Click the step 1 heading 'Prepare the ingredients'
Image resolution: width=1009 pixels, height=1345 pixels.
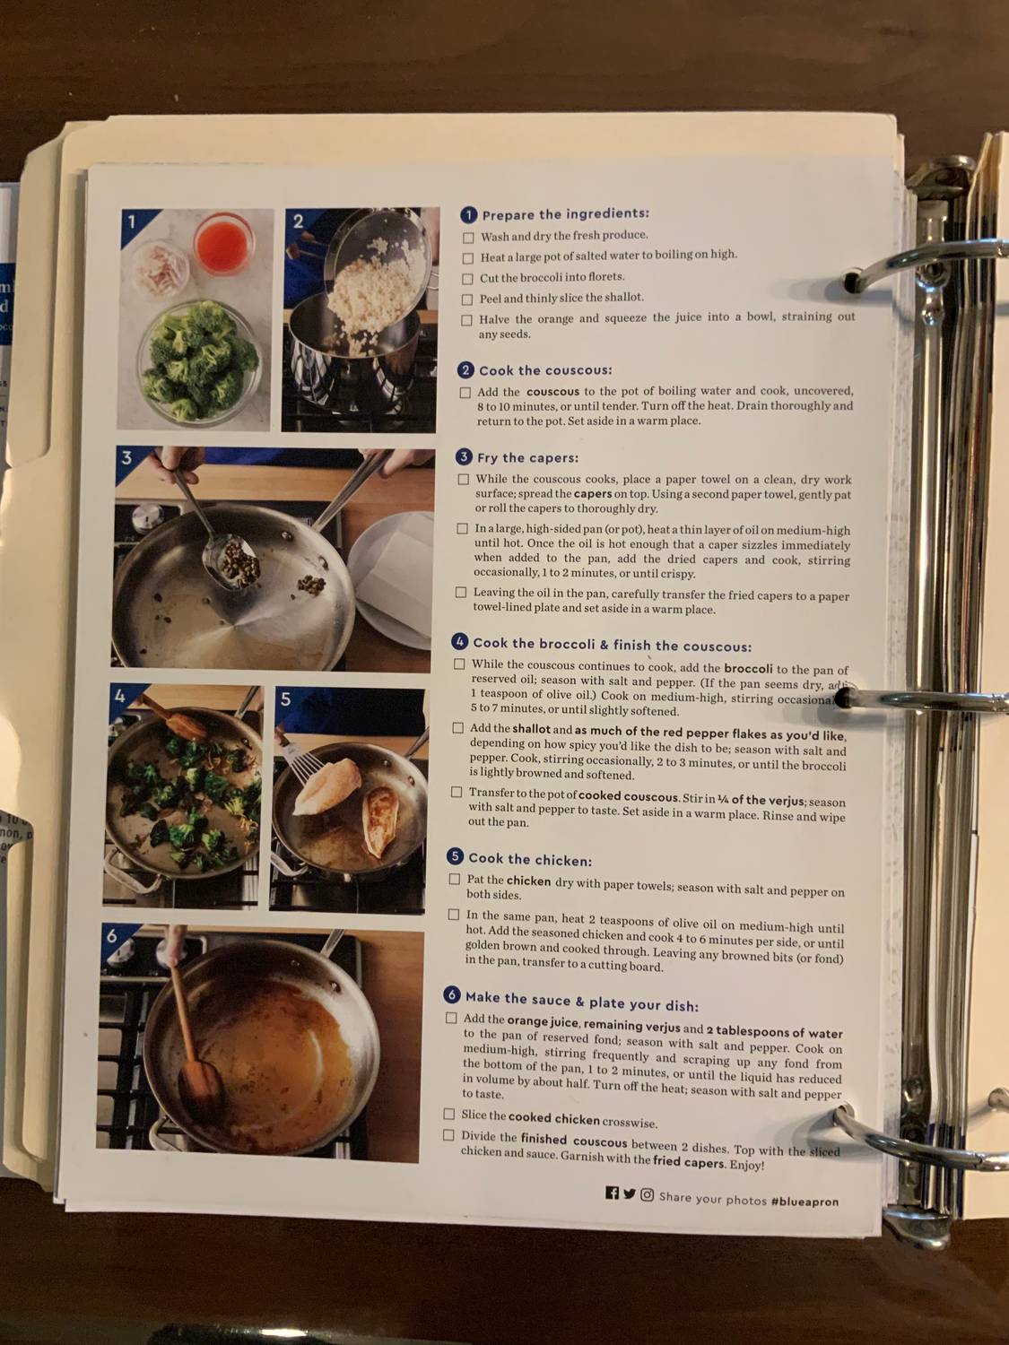tap(565, 214)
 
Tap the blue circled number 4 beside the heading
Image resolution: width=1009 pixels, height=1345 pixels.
tap(461, 642)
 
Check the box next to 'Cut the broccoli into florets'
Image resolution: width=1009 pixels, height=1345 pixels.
tap(467, 278)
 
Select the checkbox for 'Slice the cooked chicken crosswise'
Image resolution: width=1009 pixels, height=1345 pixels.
tap(449, 1115)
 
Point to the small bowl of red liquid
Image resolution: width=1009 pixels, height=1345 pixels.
tap(222, 243)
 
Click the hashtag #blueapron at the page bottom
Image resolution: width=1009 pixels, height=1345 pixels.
tap(805, 1201)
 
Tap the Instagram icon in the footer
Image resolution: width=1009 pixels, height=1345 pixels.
tap(647, 1194)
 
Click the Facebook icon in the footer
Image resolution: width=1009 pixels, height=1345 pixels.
tap(612, 1193)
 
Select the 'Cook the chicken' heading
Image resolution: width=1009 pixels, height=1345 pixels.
tap(529, 859)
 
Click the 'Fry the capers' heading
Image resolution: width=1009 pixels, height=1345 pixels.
tap(527, 458)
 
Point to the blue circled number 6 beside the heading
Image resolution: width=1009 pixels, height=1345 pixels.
tap(453, 994)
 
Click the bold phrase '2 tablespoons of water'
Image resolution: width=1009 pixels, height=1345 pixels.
tap(774, 1032)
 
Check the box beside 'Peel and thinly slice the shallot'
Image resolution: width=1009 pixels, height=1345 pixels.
tap(467, 299)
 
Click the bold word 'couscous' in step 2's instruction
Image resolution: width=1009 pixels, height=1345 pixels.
tap(552, 392)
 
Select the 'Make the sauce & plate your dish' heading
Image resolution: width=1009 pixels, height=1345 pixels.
tap(581, 1000)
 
